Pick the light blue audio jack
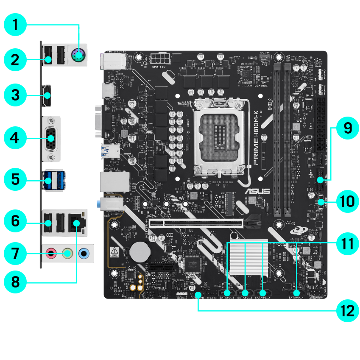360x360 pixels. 84,254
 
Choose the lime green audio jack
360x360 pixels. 67,254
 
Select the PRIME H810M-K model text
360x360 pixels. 255,138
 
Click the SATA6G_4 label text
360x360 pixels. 296,298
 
